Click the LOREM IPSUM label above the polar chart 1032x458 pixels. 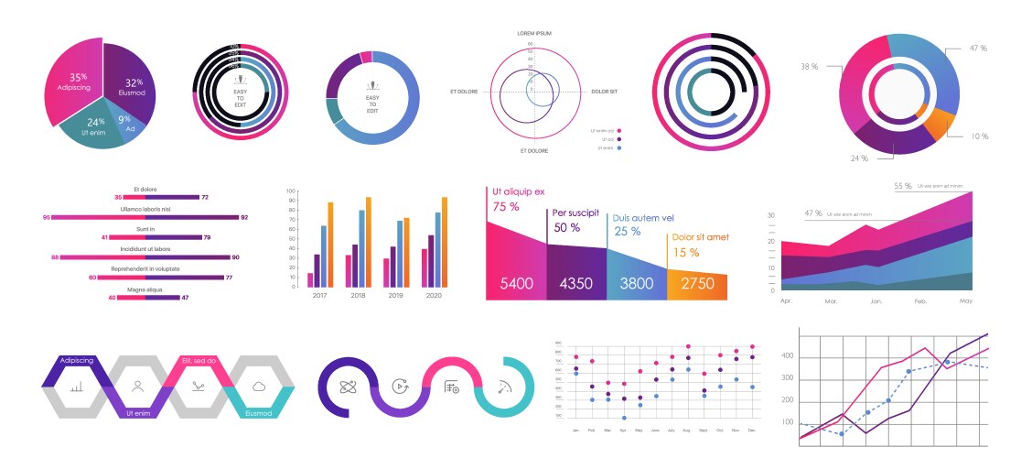pyautogui.click(x=534, y=33)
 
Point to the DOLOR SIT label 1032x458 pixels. pyautogui.click(x=604, y=92)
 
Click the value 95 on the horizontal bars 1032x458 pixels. pyautogui.click(x=47, y=217)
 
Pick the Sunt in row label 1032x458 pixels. pyautogui.click(x=145, y=229)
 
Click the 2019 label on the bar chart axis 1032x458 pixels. pyautogui.click(x=395, y=296)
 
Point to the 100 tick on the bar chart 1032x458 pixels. pyautogui.click(x=291, y=192)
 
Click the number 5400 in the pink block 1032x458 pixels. pyautogui.click(x=516, y=284)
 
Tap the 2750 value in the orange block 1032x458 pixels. pyautogui.click(x=697, y=284)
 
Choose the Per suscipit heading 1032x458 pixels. pyautogui.click(x=576, y=213)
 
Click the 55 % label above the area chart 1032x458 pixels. pyautogui.click(x=902, y=186)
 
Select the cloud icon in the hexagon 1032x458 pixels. pyautogui.click(x=260, y=387)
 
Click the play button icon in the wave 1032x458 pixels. pyautogui.click(x=399, y=387)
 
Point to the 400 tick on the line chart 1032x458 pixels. pyautogui.click(x=787, y=356)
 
